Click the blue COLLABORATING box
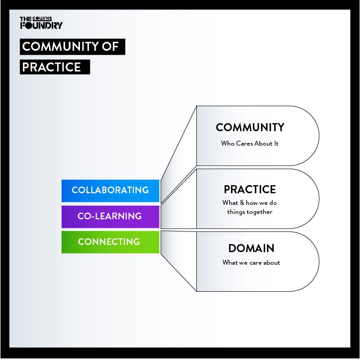point(110,191)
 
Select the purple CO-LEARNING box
point(110,217)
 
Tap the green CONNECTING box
point(110,242)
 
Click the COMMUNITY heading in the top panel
point(250,128)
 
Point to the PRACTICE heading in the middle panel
point(250,189)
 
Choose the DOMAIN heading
point(251,248)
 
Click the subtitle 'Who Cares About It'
point(250,143)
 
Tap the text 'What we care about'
point(251,262)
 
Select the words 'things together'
point(250,212)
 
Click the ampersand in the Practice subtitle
point(242,203)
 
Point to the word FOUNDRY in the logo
point(41,25)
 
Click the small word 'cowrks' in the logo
point(42,18)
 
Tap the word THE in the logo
point(26,19)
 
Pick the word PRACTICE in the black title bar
point(51,67)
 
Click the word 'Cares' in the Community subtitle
point(244,143)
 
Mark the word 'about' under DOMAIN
point(272,262)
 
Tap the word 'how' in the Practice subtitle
point(252,203)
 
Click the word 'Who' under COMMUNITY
point(228,143)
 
